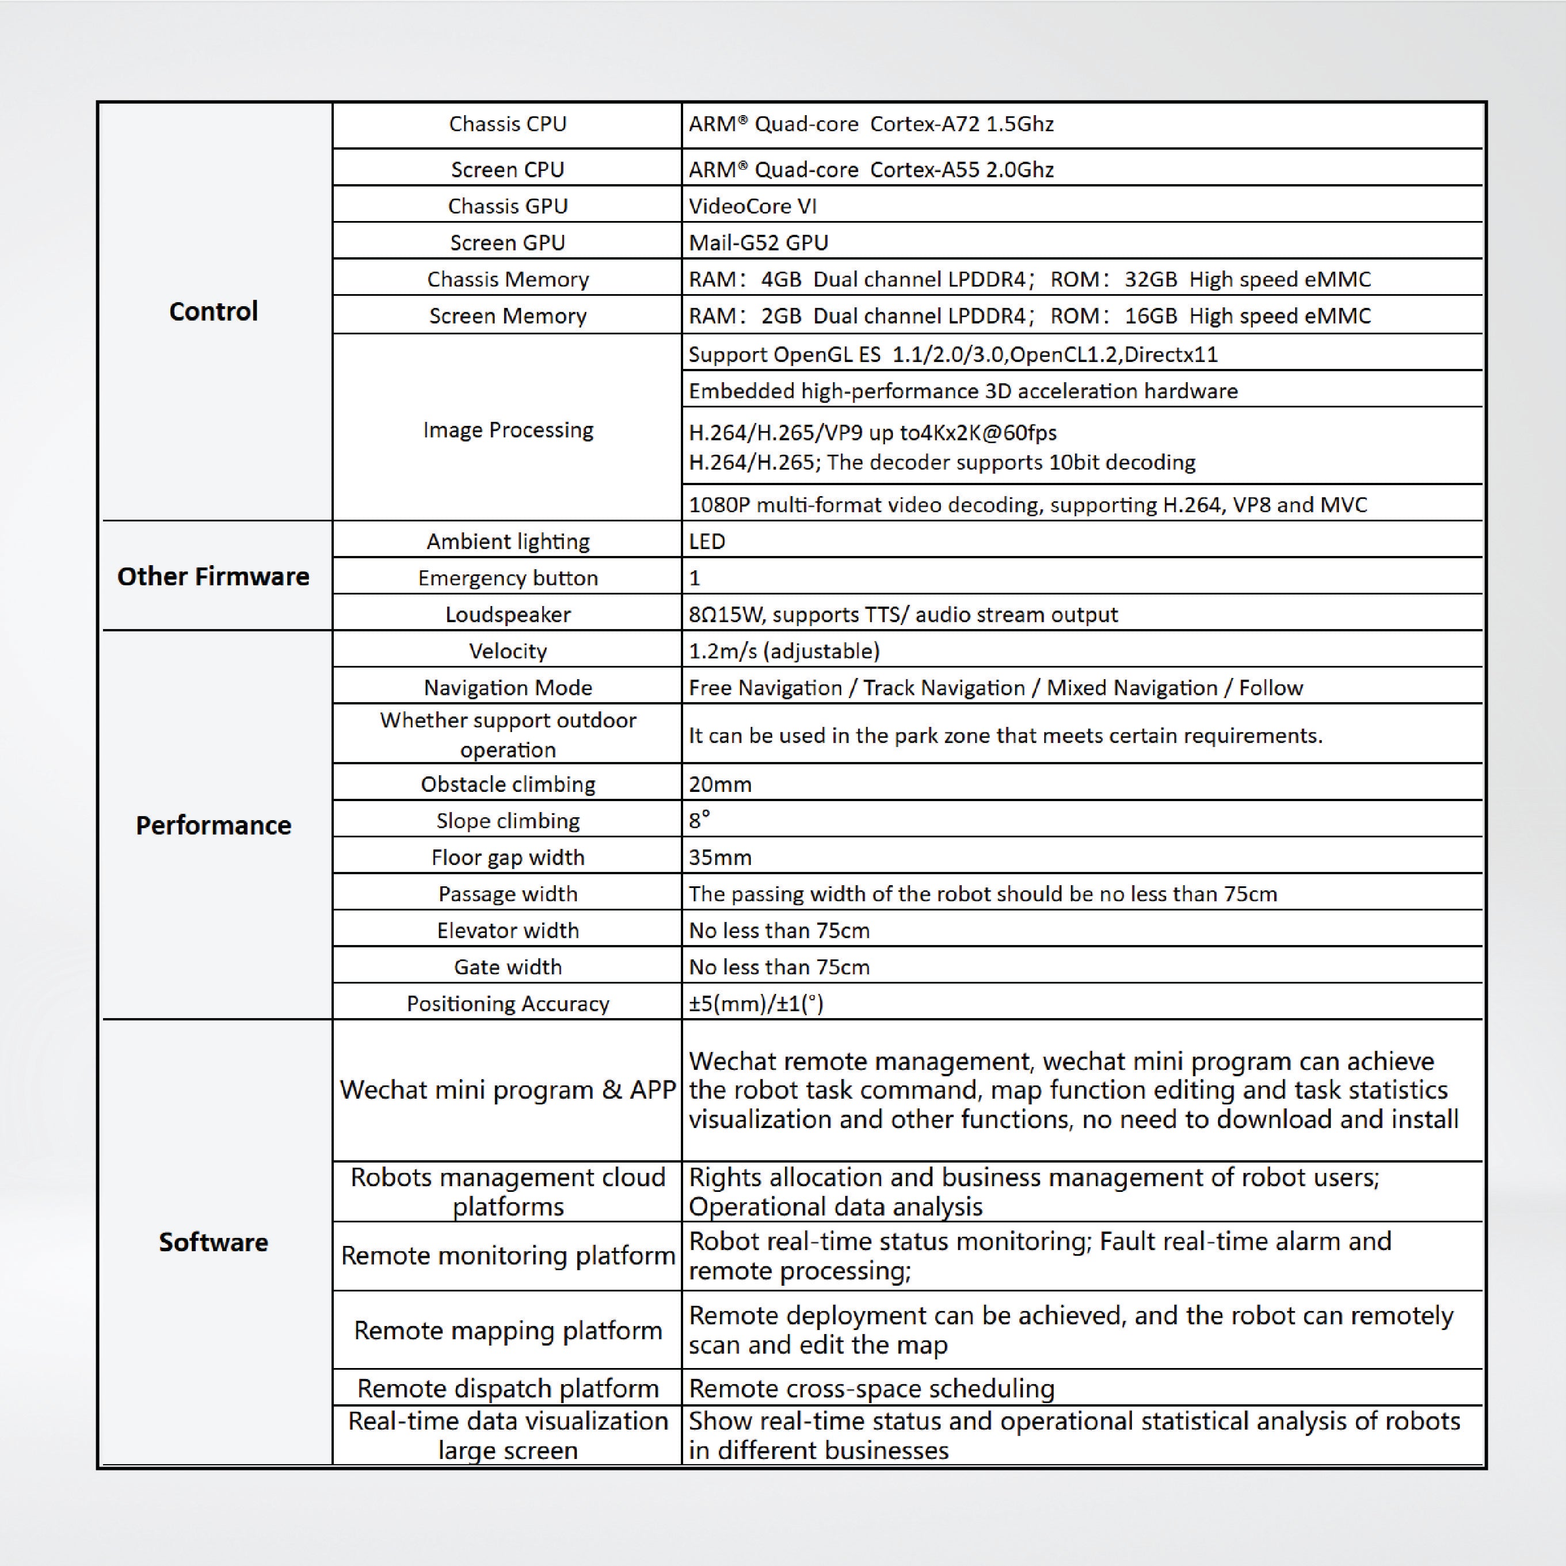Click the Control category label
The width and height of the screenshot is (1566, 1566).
[x=213, y=311]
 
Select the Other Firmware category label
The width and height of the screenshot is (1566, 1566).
[x=213, y=576]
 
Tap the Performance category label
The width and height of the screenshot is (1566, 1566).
[x=213, y=825]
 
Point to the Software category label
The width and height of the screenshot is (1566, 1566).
[x=213, y=1242]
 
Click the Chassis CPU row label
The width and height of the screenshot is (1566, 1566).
[x=508, y=124]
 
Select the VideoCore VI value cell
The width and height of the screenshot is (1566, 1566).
[x=752, y=206]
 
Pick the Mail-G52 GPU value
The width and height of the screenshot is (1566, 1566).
[x=758, y=242]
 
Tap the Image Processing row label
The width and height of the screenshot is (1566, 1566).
[x=508, y=429]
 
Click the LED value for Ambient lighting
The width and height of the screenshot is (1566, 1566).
[x=707, y=542]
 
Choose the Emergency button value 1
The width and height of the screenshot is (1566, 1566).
[x=695, y=578]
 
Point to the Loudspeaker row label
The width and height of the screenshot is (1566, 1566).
[x=508, y=615]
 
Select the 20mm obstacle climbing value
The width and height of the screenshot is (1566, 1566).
[x=720, y=784]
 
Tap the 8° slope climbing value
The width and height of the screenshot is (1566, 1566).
[x=699, y=820]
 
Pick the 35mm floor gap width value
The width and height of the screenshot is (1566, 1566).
[x=720, y=857]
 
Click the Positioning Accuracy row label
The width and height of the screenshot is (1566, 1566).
[x=508, y=1004]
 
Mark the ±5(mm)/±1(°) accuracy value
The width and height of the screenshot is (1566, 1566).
[x=756, y=1004]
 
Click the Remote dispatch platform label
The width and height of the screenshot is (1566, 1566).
[x=508, y=1388]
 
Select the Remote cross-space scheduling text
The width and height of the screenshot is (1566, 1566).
[x=871, y=1388]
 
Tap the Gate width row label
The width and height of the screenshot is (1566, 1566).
[x=508, y=967]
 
